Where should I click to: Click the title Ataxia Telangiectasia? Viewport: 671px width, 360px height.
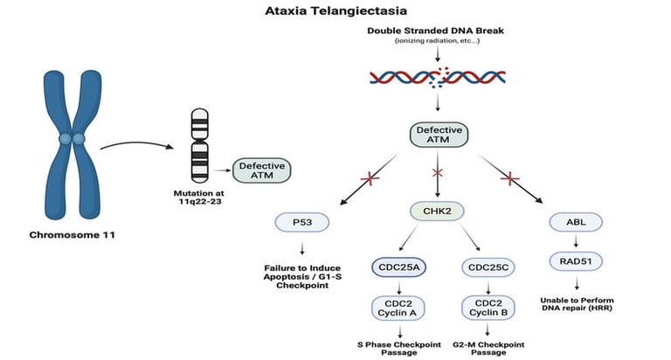click(335, 11)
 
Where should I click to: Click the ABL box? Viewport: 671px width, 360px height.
click(574, 223)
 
